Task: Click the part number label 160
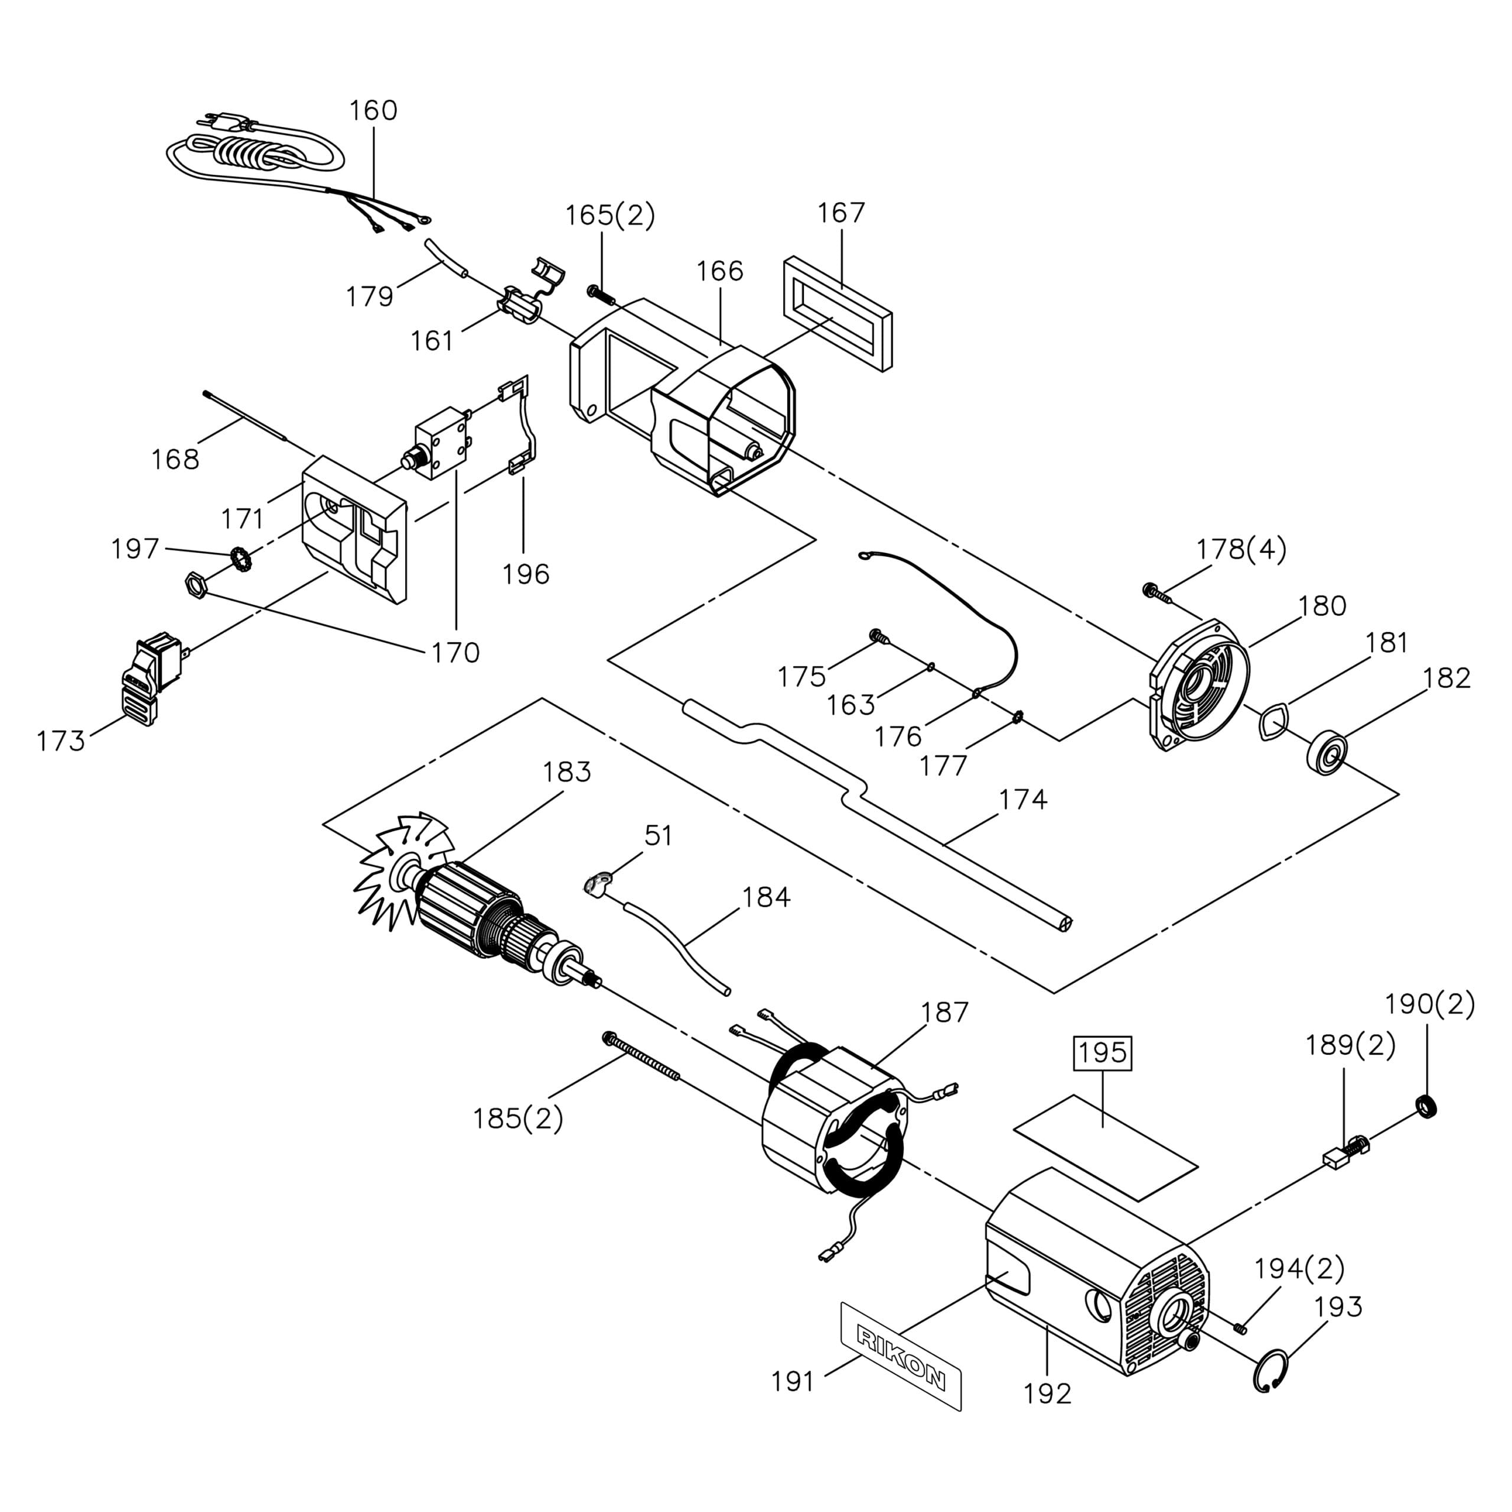(x=373, y=110)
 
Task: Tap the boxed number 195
(x=1103, y=1052)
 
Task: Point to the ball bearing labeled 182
(x=1327, y=751)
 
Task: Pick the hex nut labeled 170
(x=195, y=585)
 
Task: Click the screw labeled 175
(x=879, y=638)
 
